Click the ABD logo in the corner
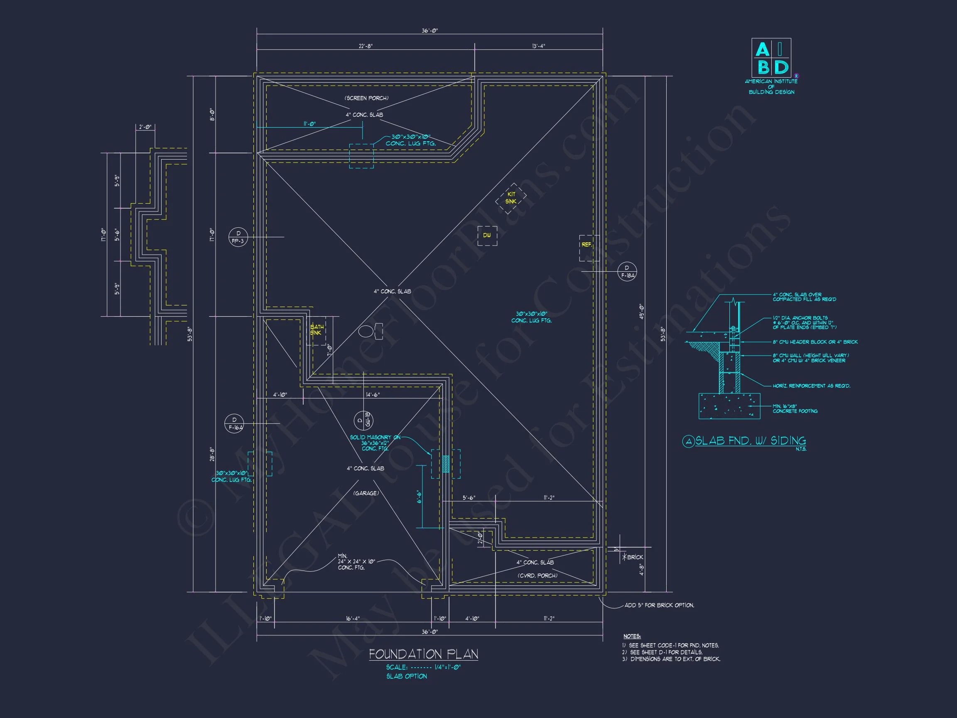(771, 58)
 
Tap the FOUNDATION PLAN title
(424, 654)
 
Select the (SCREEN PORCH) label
(366, 98)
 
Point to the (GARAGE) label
(366, 493)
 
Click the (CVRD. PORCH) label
(537, 575)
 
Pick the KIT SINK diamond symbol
(511, 198)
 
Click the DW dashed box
(487, 236)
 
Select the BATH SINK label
(316, 330)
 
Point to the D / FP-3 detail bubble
(238, 237)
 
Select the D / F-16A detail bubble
(235, 424)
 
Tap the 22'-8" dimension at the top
(366, 46)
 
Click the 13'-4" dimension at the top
(539, 46)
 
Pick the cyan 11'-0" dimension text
(309, 124)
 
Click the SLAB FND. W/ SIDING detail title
(750, 441)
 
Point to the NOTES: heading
(632, 636)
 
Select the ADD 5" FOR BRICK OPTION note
(659, 605)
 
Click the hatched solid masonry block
(446, 464)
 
